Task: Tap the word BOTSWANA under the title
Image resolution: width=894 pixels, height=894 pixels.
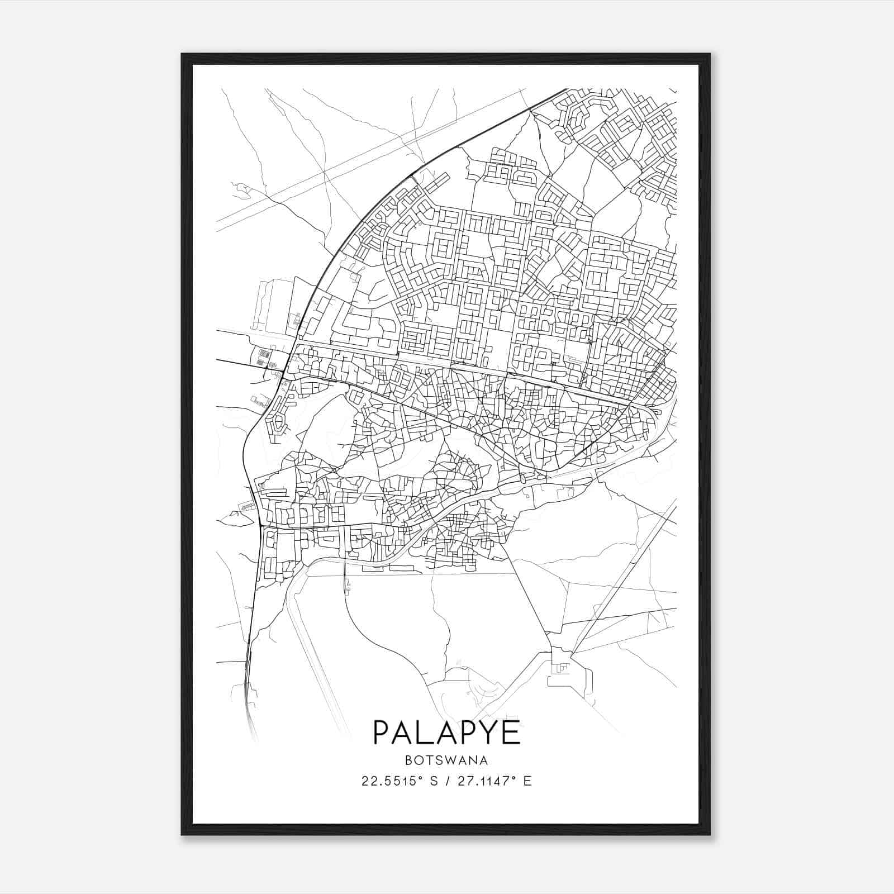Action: point(446,760)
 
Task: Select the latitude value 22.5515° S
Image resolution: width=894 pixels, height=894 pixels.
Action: point(398,781)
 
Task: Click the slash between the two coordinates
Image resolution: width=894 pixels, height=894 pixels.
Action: point(446,781)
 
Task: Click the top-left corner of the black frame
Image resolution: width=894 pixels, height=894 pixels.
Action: point(182,54)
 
